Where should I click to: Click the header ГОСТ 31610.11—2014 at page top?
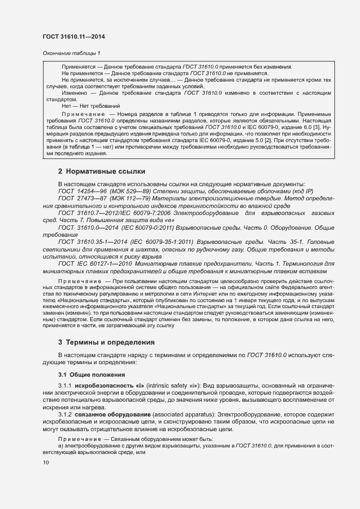[74, 36]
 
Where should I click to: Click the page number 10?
[46, 463]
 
